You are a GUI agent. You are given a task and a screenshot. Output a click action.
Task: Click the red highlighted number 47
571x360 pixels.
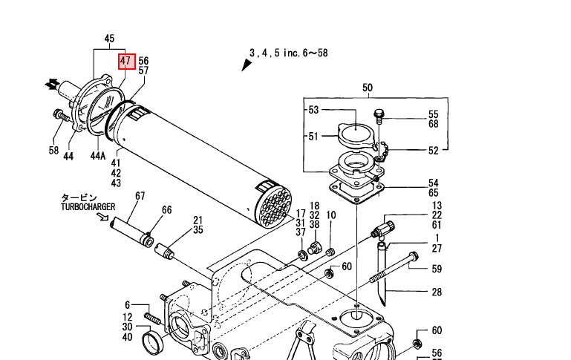point(125,61)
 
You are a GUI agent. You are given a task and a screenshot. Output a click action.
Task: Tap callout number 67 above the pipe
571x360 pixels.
point(140,196)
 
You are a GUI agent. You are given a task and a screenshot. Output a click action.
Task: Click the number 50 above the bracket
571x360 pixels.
point(368,88)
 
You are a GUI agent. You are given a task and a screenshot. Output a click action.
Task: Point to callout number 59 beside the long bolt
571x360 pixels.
point(437,269)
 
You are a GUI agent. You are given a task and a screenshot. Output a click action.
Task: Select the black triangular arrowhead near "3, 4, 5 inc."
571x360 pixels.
point(247,65)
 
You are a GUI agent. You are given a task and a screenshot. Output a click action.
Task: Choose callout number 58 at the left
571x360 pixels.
point(53,151)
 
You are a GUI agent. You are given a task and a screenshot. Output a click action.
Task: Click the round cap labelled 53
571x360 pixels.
point(356,135)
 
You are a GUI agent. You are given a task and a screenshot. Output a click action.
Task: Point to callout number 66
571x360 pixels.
point(166,210)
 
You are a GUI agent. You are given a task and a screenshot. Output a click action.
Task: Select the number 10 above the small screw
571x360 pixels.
point(331,215)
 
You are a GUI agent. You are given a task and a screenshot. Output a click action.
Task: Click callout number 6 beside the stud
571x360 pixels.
point(127,305)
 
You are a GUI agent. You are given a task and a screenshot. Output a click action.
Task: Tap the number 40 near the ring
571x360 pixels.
point(127,338)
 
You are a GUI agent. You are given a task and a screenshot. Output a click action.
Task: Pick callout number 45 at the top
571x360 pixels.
point(109,39)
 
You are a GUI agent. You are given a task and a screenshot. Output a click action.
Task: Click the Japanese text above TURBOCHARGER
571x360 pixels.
point(78,197)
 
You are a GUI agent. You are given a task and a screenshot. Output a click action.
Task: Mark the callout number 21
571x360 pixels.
point(198,220)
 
